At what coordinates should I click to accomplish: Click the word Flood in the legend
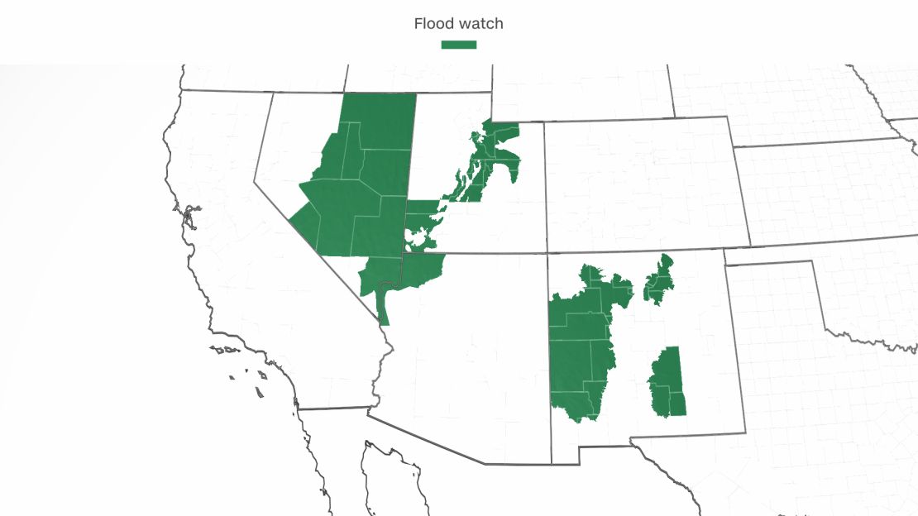tap(433, 24)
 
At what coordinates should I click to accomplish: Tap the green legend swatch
tap(458, 44)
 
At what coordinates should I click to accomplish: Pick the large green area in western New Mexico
tap(579, 347)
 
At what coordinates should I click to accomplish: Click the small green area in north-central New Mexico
tap(659, 281)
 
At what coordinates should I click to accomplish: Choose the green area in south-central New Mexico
tap(668, 380)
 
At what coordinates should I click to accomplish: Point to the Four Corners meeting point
tap(547, 253)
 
